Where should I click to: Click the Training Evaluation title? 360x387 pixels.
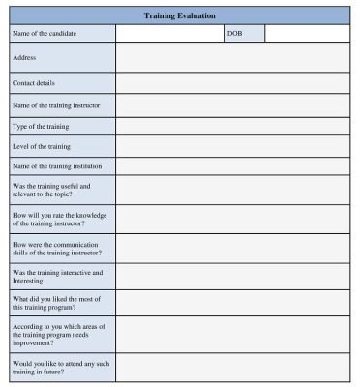[179, 15]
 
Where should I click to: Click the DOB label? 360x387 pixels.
[234, 34]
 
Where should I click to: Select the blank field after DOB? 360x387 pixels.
[307, 34]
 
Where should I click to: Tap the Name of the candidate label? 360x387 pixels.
[45, 34]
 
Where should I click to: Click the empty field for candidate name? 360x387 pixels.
[168, 34]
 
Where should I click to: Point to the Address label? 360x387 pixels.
[24, 57]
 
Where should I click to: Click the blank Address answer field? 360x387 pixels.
[232, 57]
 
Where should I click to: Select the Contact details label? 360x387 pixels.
[34, 83]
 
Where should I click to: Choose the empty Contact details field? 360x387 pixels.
[232, 83]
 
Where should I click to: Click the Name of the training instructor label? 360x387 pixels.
[56, 104]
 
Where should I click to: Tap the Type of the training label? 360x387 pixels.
[43, 126]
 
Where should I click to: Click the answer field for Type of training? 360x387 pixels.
[232, 126]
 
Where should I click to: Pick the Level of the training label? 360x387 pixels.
[42, 146]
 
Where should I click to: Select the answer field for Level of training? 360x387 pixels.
[232, 146]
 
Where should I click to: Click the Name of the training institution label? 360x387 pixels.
[57, 167]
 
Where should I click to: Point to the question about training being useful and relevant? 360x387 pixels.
[51, 190]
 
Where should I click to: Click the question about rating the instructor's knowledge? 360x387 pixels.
[57, 219]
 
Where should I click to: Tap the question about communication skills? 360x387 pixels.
[56, 248]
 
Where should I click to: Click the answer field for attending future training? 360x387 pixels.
[232, 368]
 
